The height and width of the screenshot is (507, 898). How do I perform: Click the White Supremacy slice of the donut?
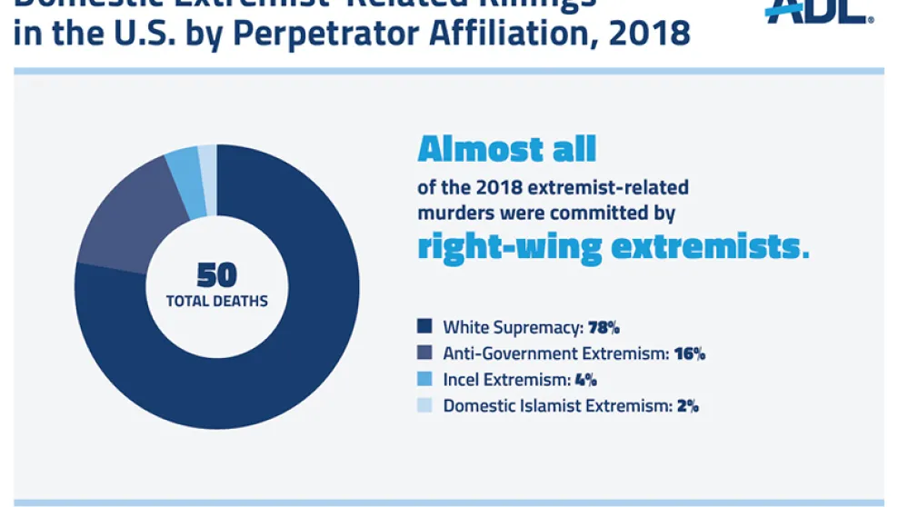coord(300,345)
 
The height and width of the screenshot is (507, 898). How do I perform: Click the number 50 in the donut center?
coord(216,275)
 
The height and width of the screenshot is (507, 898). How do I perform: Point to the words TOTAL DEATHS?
coord(216,301)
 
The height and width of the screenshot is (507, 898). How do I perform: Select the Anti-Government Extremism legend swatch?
coord(424,353)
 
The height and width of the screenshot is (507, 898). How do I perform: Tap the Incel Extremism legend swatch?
coord(424,380)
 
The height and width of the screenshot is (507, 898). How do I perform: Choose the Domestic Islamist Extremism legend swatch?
coord(424,406)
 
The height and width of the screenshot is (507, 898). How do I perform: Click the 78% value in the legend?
coord(604,327)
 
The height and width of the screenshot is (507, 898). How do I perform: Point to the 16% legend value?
coord(690,353)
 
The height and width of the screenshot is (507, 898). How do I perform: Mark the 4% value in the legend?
coord(585,380)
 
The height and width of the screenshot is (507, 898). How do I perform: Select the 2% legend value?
coord(687,406)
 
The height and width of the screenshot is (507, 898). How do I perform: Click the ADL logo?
coord(818,11)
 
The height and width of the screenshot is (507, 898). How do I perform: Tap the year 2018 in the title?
coord(649,34)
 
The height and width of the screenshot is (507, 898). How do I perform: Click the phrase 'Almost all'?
coord(506,149)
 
